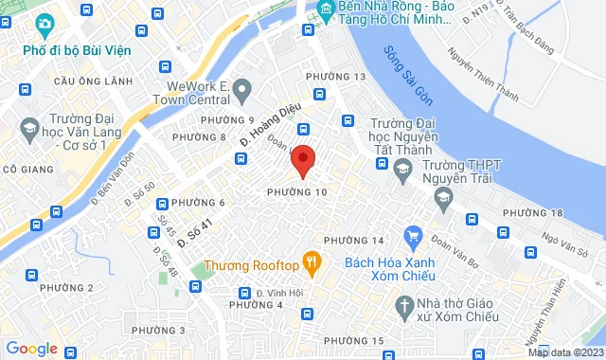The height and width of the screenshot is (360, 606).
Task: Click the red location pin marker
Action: tap(303, 159)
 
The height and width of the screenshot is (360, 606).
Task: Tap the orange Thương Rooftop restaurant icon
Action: tap(310, 260)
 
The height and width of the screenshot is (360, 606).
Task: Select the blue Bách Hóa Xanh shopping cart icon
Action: tap(412, 234)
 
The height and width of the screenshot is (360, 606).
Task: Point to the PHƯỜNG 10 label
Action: tap(297, 192)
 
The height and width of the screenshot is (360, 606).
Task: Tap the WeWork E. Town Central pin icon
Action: tap(242, 91)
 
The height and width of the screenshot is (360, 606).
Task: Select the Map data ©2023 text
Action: tap(565, 352)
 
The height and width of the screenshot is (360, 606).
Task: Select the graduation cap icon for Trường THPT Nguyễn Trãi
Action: tap(442, 196)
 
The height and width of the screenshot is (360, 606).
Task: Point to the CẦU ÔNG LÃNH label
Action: tap(93, 81)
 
